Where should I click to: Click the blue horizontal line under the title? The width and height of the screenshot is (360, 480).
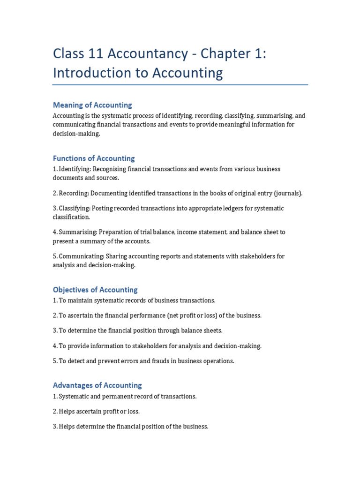tap(180, 85)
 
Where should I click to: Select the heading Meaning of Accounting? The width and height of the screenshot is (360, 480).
tap(92, 105)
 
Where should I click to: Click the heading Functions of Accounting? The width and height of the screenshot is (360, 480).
tap(94, 158)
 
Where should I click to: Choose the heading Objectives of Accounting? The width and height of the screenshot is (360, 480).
tap(95, 290)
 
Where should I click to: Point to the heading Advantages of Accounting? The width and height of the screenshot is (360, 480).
tap(97, 385)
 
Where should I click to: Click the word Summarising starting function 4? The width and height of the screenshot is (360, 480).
tap(78, 232)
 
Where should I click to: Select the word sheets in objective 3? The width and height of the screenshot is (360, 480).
tap(213, 331)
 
